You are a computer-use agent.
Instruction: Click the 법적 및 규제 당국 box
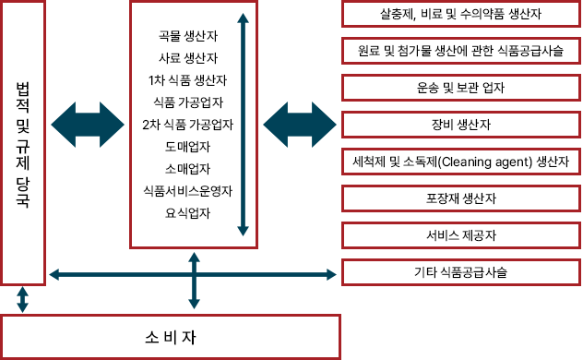23,143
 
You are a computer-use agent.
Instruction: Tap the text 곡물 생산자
188,36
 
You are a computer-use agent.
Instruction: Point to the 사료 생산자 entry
188,58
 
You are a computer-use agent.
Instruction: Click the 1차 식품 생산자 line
188,80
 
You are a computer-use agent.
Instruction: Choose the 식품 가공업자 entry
188,102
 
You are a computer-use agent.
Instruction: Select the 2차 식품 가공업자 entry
188,125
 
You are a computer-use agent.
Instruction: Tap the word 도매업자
188,147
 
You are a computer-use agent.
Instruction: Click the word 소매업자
188,169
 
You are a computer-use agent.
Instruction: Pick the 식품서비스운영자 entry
188,191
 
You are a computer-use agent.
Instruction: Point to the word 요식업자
188,213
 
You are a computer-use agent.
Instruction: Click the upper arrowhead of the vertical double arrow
243,18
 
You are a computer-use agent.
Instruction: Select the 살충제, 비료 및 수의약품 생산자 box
460,14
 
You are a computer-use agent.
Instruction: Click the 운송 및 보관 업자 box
460,88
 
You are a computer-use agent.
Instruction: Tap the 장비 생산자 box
460,125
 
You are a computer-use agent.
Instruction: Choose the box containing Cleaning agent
460,162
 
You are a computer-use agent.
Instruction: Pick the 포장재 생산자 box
460,198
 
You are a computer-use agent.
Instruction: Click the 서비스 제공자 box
460,235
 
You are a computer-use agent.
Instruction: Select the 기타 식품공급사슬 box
460,272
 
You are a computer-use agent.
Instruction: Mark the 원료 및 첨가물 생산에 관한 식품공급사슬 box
460,51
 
